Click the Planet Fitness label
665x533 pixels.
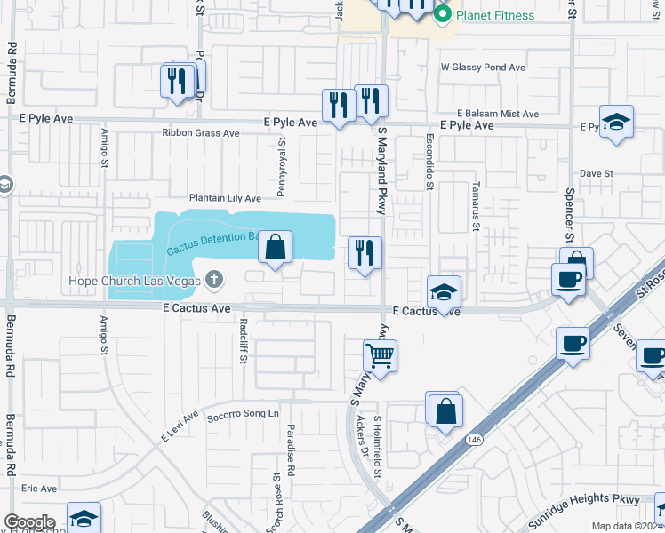click(495, 15)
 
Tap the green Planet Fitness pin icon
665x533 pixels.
click(443, 15)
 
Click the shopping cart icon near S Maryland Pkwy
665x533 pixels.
click(381, 356)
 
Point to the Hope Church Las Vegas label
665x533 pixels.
click(136, 282)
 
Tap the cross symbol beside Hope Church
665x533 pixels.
click(213, 281)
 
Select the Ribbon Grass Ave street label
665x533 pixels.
click(201, 133)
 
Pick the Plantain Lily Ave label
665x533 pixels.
click(225, 198)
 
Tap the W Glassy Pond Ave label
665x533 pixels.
click(483, 68)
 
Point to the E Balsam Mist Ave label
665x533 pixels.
click(498, 114)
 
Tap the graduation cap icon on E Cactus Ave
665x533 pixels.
click(444, 291)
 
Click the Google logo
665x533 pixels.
click(29, 522)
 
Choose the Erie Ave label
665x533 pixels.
click(39, 489)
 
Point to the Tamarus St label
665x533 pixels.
click(476, 214)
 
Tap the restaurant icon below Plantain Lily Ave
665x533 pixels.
click(365, 253)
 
